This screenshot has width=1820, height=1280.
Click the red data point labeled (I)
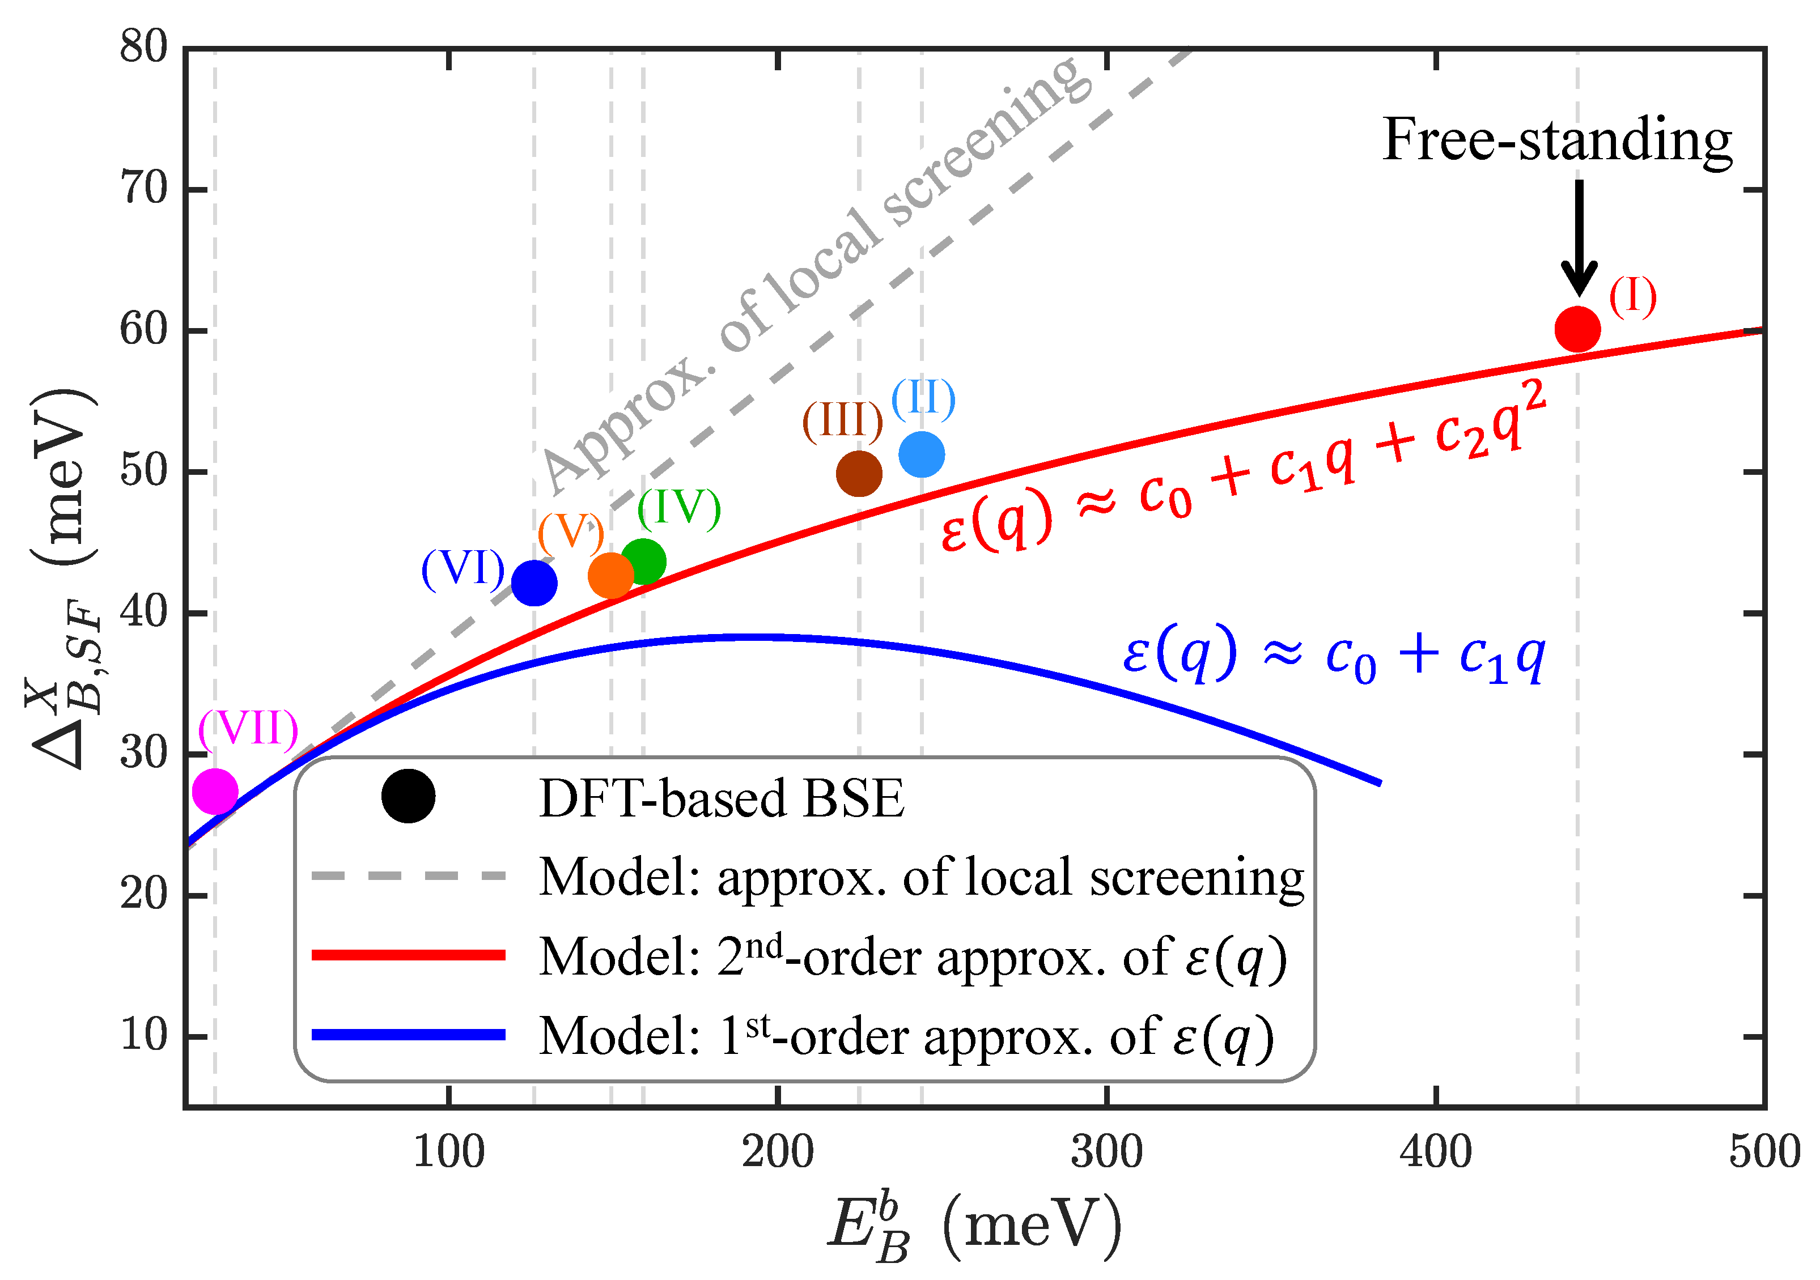[x=1577, y=329]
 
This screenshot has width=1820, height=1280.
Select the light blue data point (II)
[x=921, y=454]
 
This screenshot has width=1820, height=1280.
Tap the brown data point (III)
[x=859, y=474]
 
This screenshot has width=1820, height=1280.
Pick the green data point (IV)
[x=643, y=561]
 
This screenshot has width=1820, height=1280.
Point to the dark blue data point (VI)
[x=534, y=583]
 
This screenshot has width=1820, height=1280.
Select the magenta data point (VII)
[x=215, y=791]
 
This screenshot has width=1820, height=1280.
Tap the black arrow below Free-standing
[x=1579, y=238]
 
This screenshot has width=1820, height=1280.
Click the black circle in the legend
[x=408, y=796]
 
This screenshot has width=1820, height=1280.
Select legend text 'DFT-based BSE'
[x=722, y=798]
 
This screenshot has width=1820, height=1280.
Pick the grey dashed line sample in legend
[x=408, y=877]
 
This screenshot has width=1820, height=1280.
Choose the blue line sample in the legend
[x=408, y=1034]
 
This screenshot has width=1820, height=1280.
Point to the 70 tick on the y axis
[x=145, y=189]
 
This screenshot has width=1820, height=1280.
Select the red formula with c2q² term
[x=1245, y=467]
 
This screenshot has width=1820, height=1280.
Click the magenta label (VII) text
[x=248, y=728]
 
